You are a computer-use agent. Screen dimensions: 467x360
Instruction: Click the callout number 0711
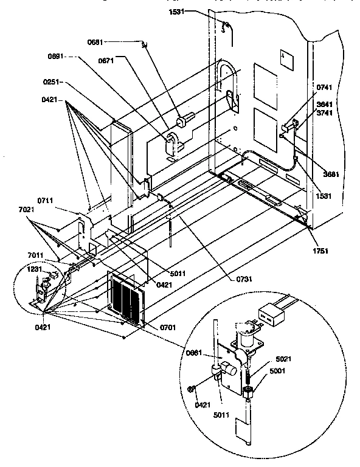tap(46, 199)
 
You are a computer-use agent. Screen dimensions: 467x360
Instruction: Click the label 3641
tap(325, 104)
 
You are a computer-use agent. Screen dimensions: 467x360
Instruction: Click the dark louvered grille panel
tap(127, 297)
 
